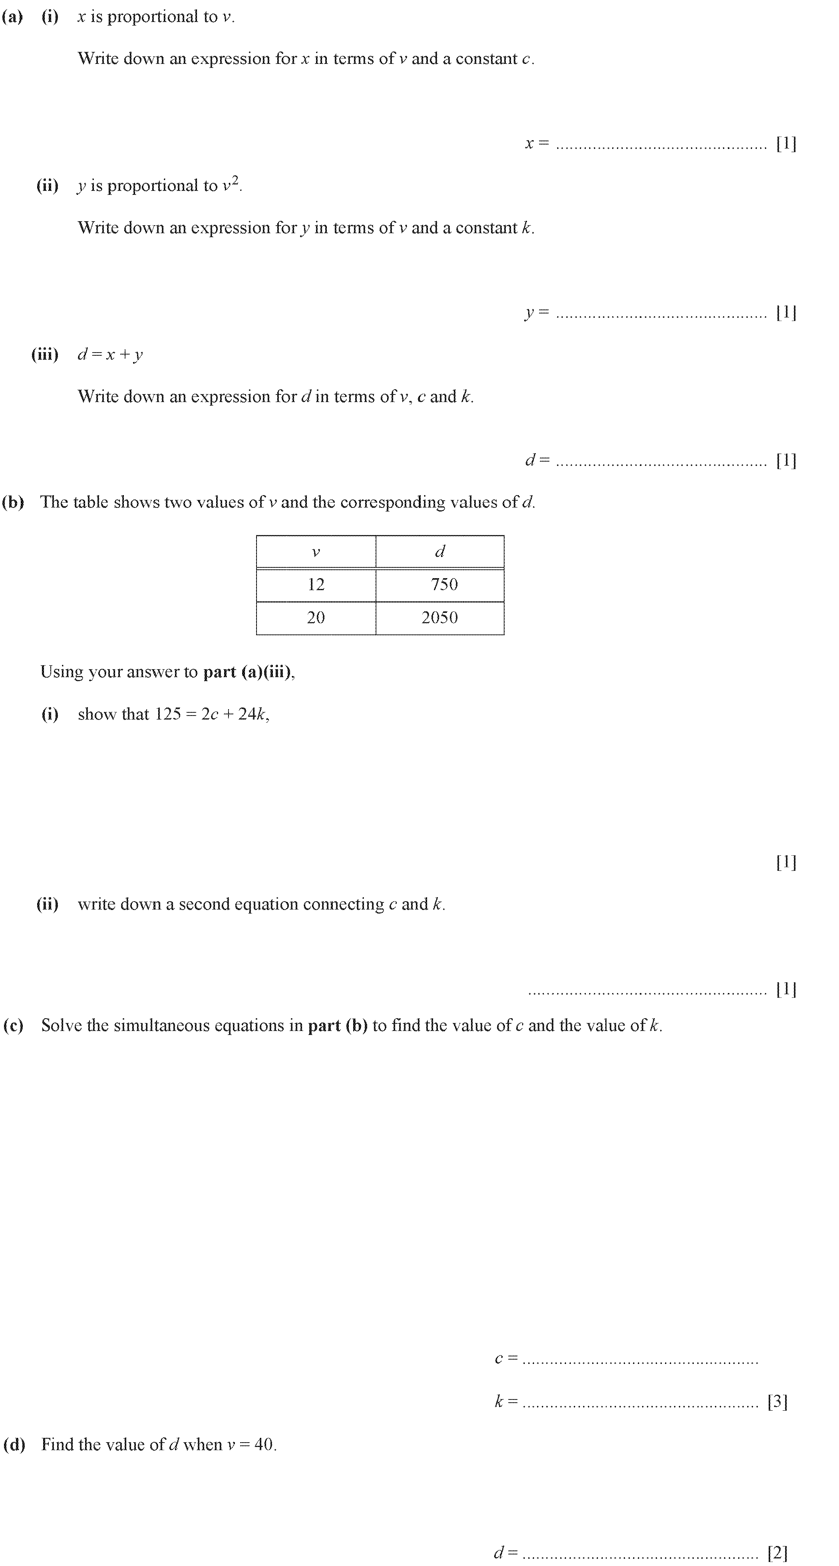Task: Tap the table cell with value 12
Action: pyautogui.click(x=316, y=585)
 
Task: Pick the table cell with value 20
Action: pyautogui.click(x=316, y=618)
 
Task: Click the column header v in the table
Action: pyautogui.click(x=316, y=552)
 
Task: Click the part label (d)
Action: pyautogui.click(x=14, y=1444)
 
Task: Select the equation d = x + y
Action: pyautogui.click(x=110, y=355)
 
